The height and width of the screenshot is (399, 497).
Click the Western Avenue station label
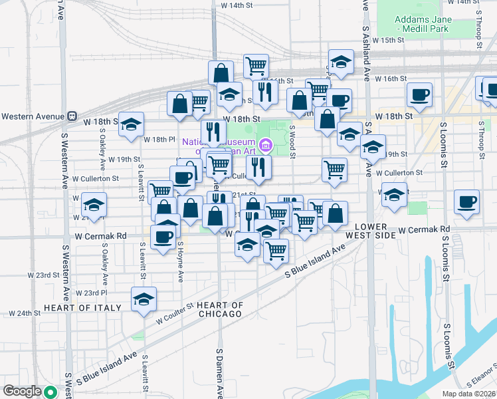[x=32, y=116]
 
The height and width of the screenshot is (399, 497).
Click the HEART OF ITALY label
[x=82, y=308]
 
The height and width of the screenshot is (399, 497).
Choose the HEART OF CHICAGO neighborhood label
[x=220, y=309]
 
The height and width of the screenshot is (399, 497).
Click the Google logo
[x=23, y=391]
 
